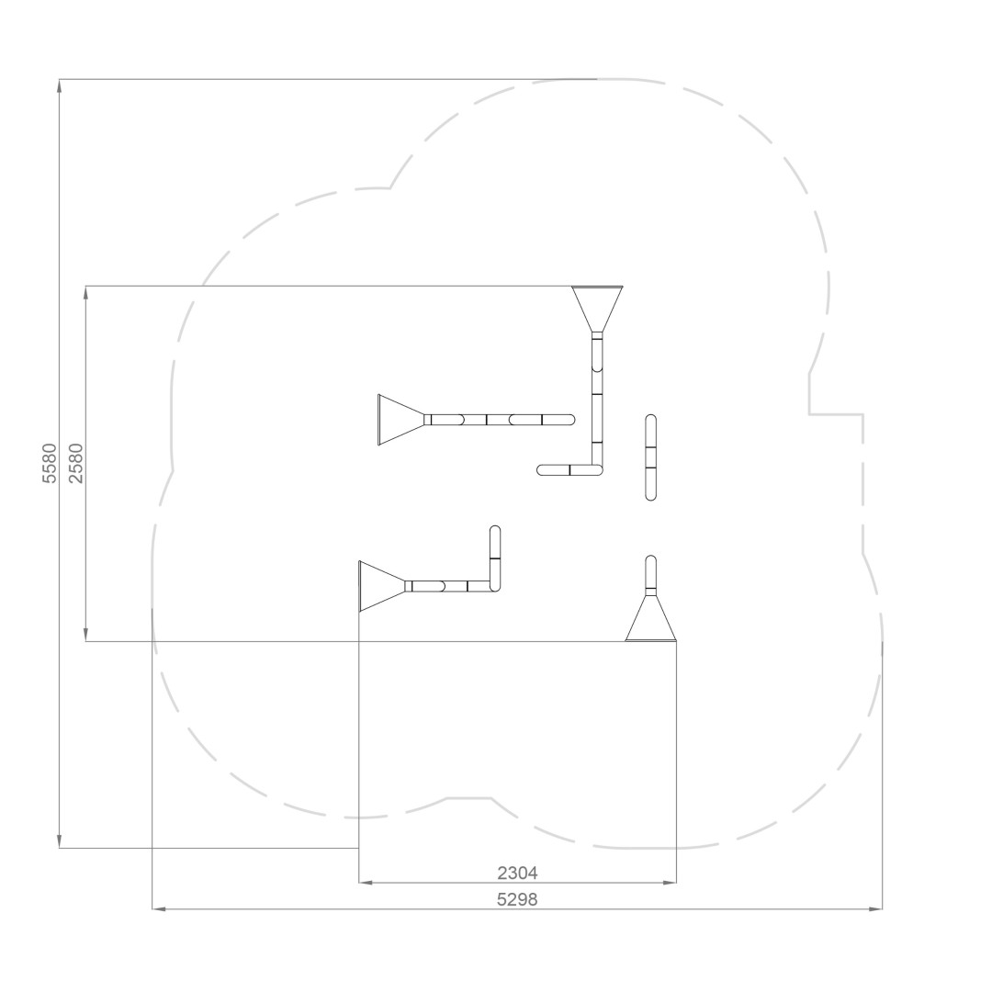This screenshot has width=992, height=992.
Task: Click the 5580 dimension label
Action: (x=50, y=463)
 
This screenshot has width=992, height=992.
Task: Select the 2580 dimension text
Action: (x=76, y=463)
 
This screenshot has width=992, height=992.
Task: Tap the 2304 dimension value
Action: (x=517, y=874)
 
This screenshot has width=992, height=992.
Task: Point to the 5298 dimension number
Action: (x=517, y=899)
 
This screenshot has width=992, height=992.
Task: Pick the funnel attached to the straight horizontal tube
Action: (x=400, y=420)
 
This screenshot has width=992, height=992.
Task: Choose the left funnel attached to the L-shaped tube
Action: (x=381, y=586)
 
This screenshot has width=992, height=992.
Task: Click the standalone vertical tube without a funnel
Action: (x=650, y=457)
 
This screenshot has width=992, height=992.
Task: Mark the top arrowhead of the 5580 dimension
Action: (x=60, y=85)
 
